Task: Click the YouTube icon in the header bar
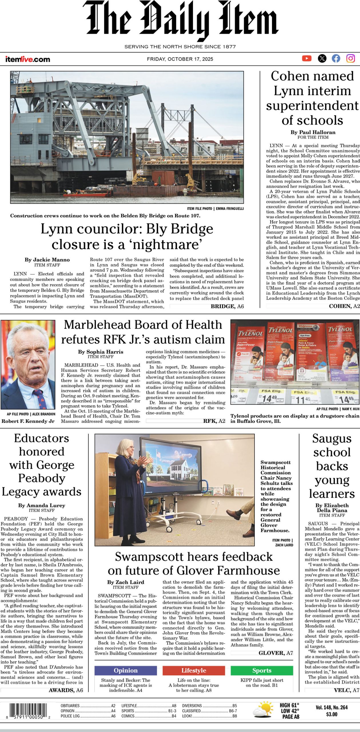point(307,58)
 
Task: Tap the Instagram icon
point(351,58)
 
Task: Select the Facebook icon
point(336,58)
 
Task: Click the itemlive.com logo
point(27,59)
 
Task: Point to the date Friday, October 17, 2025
point(180,59)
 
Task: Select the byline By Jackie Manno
point(47,260)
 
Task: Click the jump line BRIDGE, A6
point(227,306)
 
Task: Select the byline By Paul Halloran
point(313,132)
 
